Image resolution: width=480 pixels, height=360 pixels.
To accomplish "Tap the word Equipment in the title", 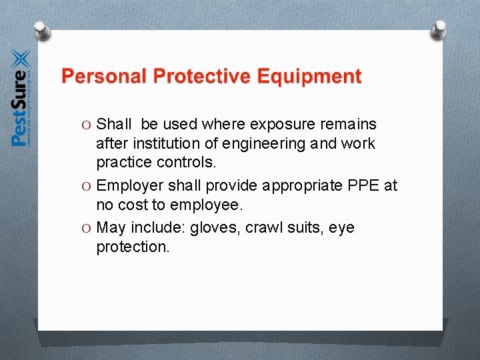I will coord(309,77).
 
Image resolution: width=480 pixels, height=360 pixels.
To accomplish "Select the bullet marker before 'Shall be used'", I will coord(89,125).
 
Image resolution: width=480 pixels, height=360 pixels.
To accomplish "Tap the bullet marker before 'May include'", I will coord(89,228).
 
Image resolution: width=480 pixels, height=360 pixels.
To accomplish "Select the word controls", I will coord(191,162).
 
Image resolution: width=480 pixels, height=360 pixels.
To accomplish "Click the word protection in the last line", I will coord(133,247).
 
